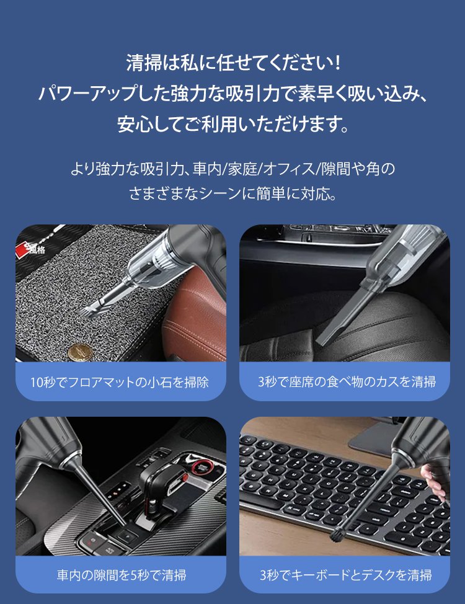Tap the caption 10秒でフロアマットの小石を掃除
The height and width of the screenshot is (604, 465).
(x=120, y=381)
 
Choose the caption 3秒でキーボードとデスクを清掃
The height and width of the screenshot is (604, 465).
(x=346, y=575)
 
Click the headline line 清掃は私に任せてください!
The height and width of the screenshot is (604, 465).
(x=232, y=63)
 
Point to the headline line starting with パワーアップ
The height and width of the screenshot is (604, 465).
(x=232, y=94)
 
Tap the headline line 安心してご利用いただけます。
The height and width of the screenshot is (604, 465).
(x=232, y=124)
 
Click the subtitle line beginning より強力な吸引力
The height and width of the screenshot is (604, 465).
(x=232, y=167)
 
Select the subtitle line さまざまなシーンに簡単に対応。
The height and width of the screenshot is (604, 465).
(x=232, y=193)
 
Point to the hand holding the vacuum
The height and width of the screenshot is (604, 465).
(x=438, y=480)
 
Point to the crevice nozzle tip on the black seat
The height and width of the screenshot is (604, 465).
(x=321, y=342)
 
